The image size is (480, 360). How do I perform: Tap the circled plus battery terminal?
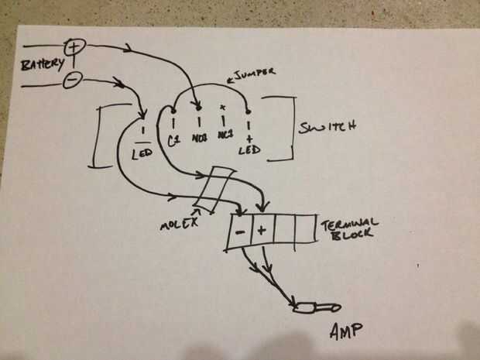pyautogui.click(x=74, y=47)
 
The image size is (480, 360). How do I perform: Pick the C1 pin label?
pyautogui.click(x=173, y=142)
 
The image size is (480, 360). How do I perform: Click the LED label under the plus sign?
pyautogui.click(x=249, y=148)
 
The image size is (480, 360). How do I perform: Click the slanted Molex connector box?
pyautogui.click(x=215, y=188)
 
